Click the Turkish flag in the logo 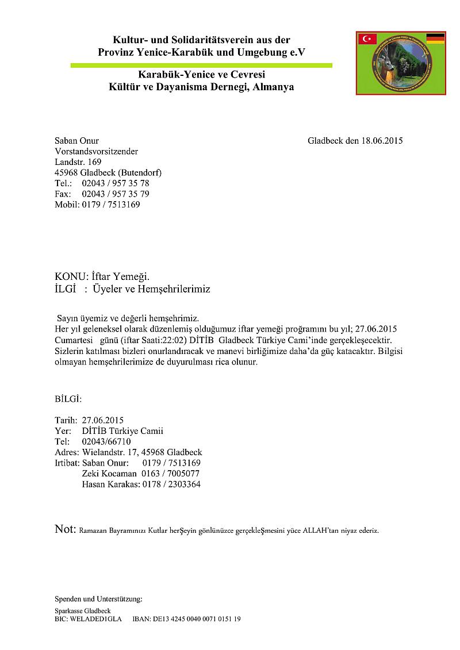click(x=367, y=39)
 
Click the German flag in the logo click(x=435, y=39)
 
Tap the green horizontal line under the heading click(x=201, y=66)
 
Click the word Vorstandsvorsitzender click(x=96, y=151)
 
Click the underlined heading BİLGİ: click(x=68, y=398)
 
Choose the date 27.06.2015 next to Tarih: click(x=103, y=420)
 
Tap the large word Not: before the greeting click(x=65, y=529)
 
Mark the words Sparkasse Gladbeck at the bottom click(x=83, y=611)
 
